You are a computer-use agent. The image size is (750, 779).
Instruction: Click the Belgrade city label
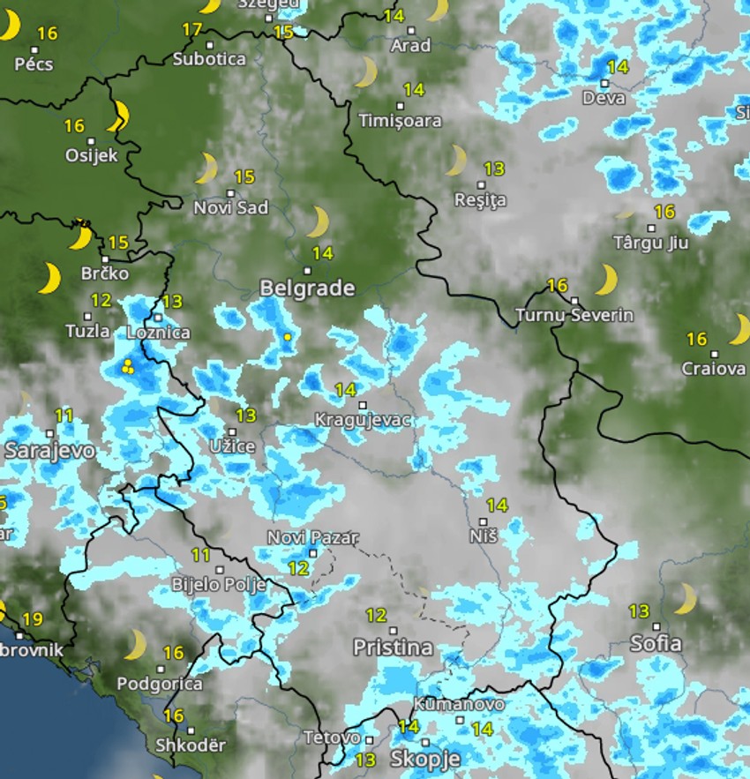[307, 288]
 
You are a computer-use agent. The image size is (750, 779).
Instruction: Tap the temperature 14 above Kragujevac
[345, 390]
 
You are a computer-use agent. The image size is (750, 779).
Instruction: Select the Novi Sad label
[231, 208]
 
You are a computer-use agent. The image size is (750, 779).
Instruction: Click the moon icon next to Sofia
[685, 598]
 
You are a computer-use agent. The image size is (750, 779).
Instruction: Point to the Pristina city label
[393, 648]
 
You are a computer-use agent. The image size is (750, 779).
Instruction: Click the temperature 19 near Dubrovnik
[33, 619]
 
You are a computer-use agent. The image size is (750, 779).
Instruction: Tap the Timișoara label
[400, 121]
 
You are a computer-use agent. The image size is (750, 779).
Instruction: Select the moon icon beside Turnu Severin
[606, 280]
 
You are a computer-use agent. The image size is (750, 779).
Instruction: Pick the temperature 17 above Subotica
[192, 30]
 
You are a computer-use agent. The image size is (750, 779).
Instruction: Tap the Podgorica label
[160, 684]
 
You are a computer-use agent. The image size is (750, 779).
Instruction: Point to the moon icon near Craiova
[739, 329]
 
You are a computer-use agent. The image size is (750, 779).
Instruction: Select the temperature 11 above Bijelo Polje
[201, 556]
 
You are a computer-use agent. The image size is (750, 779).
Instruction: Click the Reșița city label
[480, 200]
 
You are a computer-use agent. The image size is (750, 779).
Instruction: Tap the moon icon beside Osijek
[119, 116]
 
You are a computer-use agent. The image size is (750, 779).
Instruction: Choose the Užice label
[232, 446]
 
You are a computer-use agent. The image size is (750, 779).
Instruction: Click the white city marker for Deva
[605, 83]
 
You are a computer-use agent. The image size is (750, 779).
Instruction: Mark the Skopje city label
[425, 759]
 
